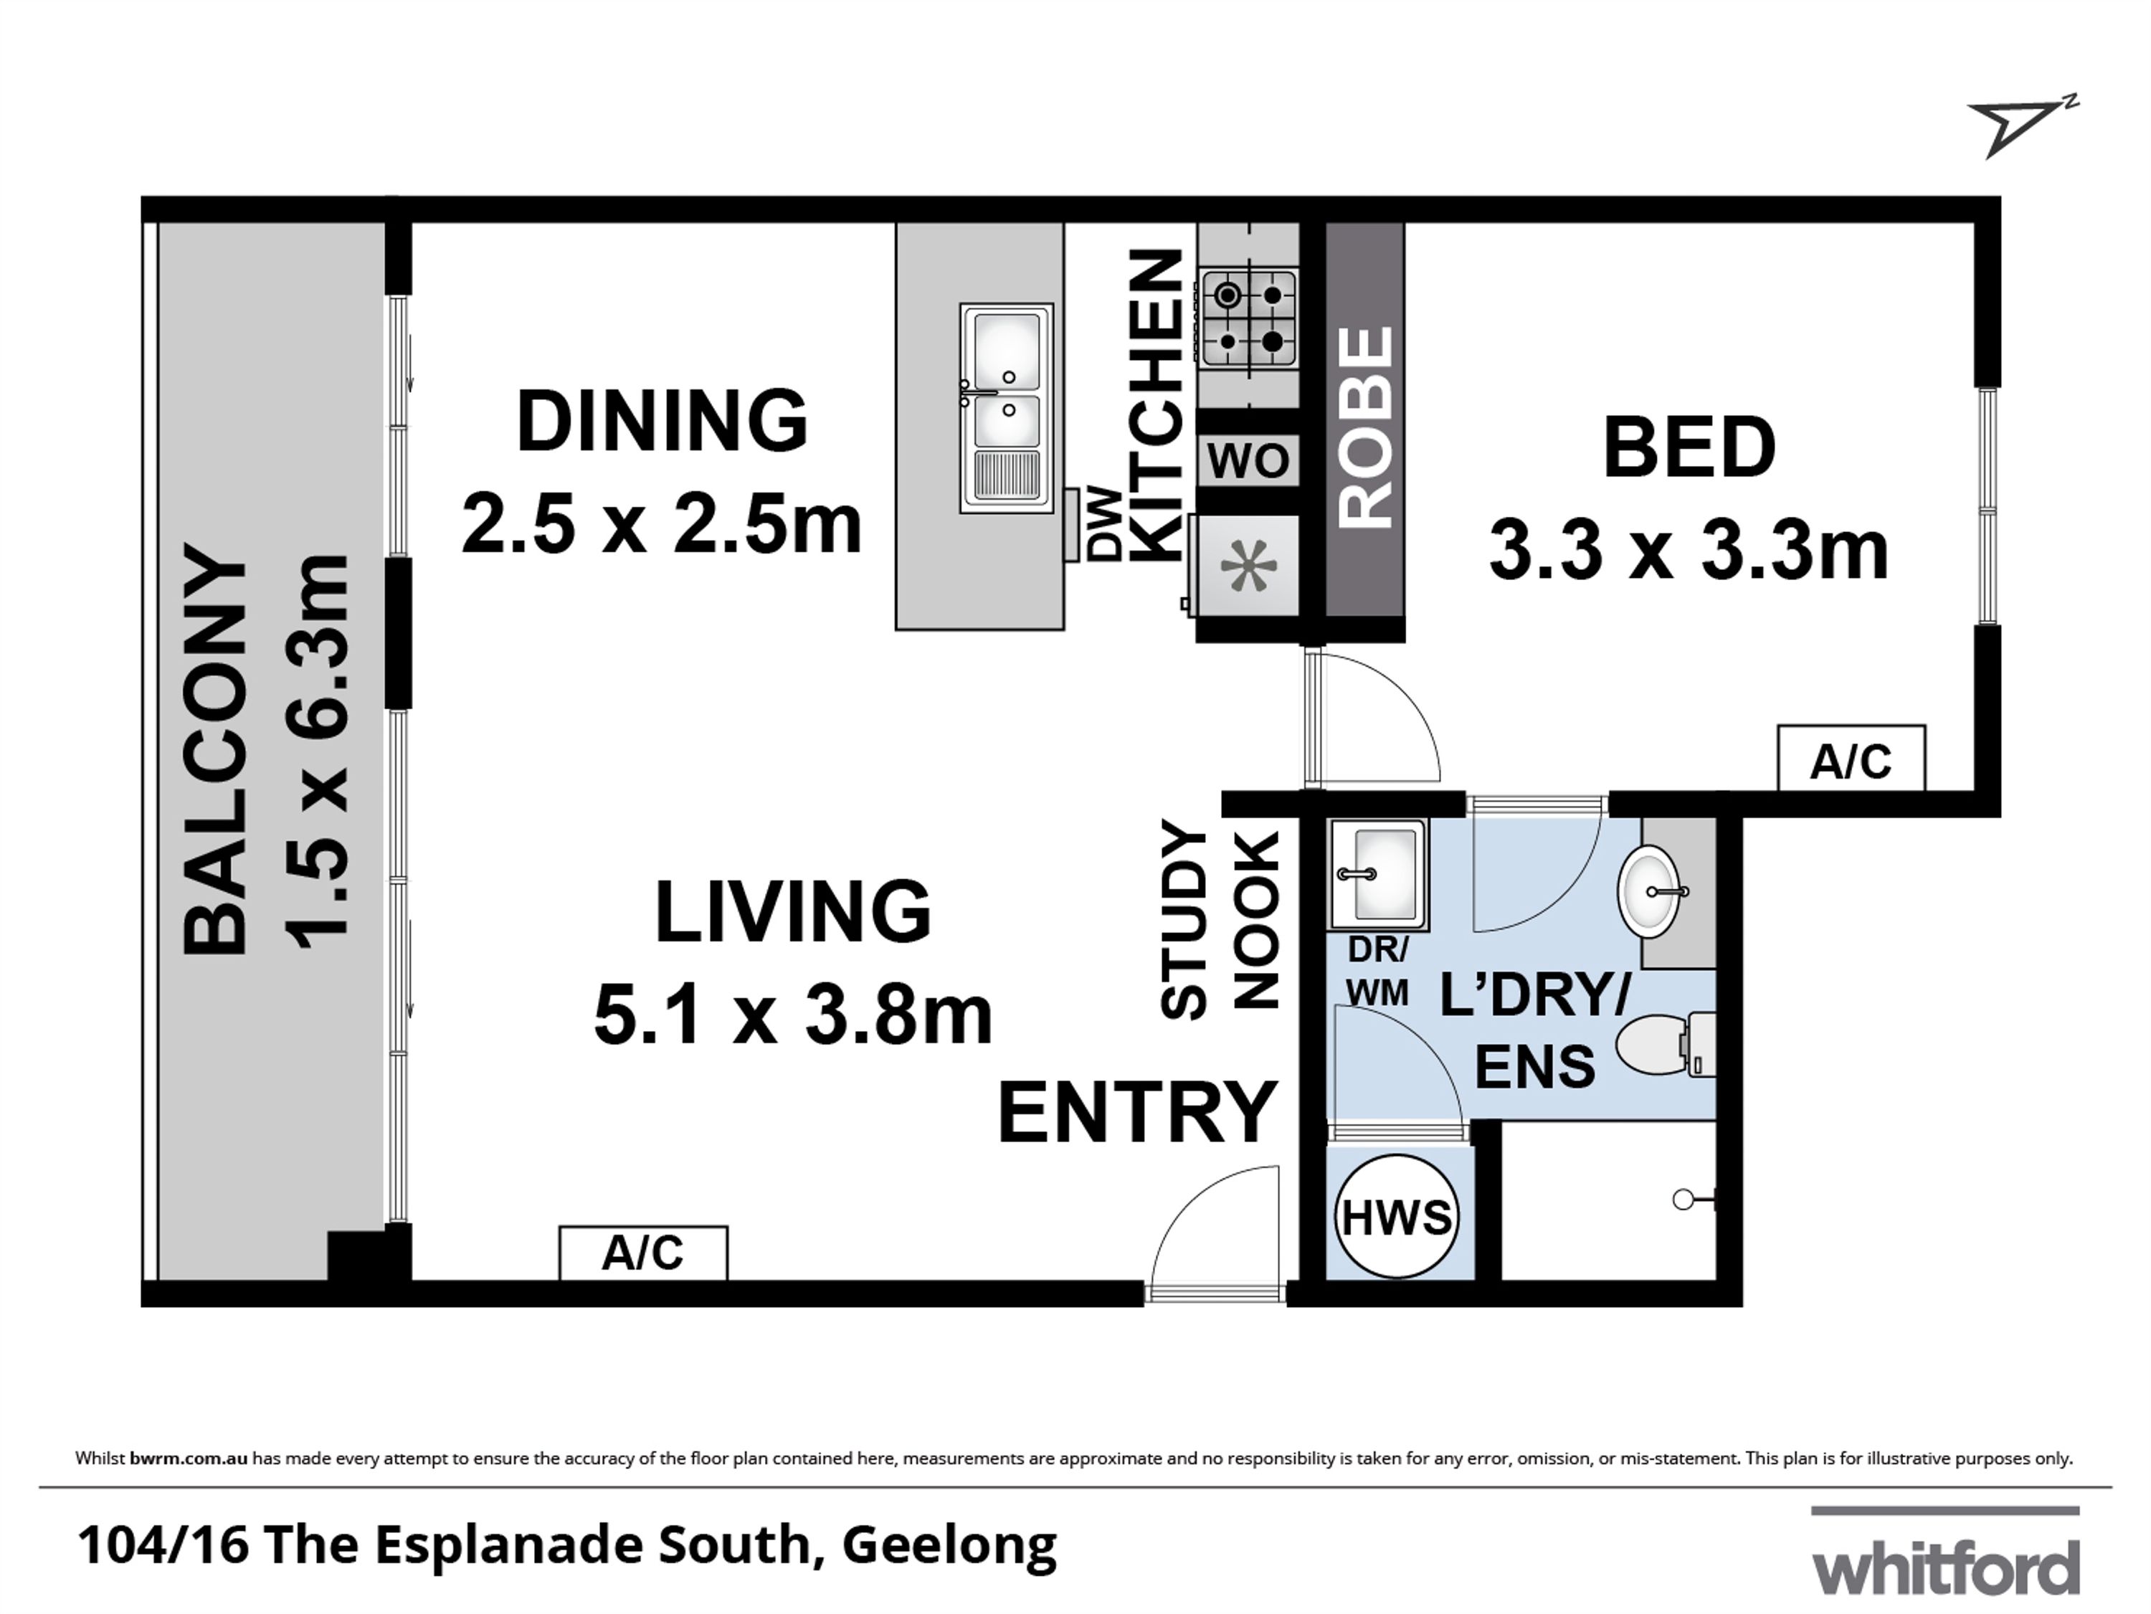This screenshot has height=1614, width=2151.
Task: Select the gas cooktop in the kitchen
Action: (1248, 320)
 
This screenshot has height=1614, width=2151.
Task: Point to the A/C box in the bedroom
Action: (1851, 757)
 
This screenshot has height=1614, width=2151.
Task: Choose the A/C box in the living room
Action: (642, 1253)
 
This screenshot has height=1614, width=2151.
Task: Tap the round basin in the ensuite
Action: (1651, 891)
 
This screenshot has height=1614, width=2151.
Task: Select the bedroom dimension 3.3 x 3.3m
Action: (1689, 551)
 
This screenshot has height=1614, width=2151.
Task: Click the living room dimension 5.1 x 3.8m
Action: (794, 1015)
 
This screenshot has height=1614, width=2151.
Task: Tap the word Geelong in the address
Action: (949, 1547)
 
